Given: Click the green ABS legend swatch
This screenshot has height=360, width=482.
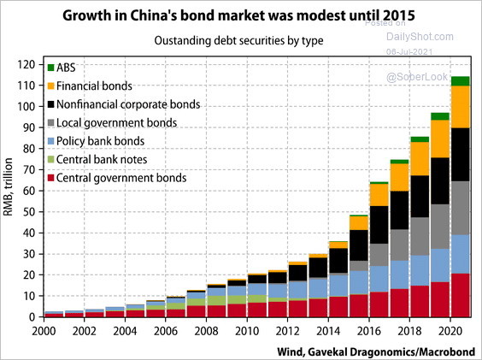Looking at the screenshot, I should pyautogui.click(x=51, y=67).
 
